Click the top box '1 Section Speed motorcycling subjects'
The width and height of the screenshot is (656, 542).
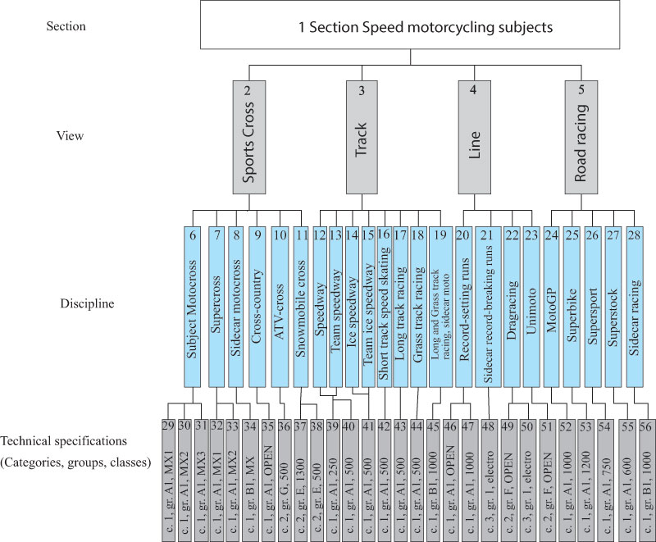[426, 26]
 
